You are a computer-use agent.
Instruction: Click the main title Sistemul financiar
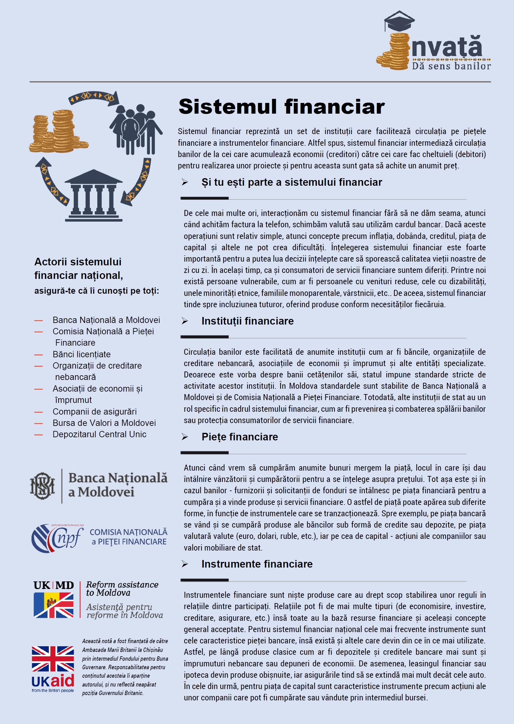tap(281, 107)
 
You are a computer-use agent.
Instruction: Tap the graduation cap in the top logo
tap(399, 21)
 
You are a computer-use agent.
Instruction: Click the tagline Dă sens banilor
tap(451, 66)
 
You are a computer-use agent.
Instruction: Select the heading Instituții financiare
tap(247, 321)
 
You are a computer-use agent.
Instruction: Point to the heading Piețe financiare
tap(240, 437)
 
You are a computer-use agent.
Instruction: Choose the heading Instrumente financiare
tap(257, 564)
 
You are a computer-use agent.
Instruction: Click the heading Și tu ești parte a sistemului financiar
tap(292, 182)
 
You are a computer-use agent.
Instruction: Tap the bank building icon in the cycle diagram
tap(94, 195)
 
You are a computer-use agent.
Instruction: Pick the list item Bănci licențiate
tap(81, 354)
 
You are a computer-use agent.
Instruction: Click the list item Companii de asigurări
tap(94, 411)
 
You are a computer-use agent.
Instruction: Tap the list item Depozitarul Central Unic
tap(100, 434)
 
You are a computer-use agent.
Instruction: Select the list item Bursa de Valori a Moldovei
tap(104, 423)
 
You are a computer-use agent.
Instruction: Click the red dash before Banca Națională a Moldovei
tap(39, 320)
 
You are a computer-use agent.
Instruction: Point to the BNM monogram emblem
tap(43, 486)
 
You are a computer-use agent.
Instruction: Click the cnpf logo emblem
tap(57, 539)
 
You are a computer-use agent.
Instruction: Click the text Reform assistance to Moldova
tap(122, 589)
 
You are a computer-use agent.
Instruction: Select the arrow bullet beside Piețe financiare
tap(185, 437)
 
